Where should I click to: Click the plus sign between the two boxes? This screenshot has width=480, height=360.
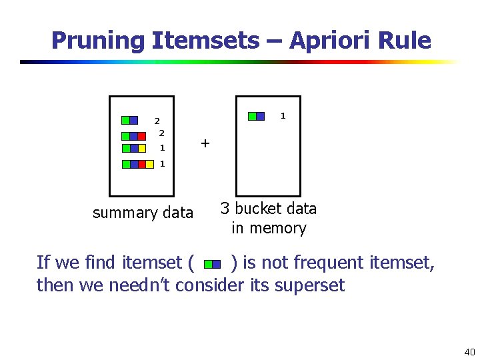pyautogui.click(x=205, y=143)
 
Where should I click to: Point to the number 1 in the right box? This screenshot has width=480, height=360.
pyautogui.click(x=283, y=116)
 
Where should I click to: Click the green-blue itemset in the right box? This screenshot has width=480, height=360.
pyautogui.click(x=256, y=116)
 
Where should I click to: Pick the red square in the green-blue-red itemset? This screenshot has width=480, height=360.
pyautogui.click(x=141, y=136)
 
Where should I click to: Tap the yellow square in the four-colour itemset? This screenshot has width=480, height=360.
pyautogui.click(x=150, y=164)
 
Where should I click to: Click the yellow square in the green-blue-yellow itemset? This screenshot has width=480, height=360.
pyautogui.click(x=142, y=148)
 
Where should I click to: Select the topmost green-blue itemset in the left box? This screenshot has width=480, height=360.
pyautogui.click(x=129, y=121)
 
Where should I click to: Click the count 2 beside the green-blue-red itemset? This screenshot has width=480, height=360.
pyautogui.click(x=162, y=133)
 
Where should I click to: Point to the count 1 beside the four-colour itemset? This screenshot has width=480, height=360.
pyautogui.click(x=162, y=164)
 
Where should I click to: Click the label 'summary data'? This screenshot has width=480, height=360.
pyautogui.click(x=143, y=213)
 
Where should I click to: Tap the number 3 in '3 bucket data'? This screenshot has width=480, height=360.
pyautogui.click(x=225, y=209)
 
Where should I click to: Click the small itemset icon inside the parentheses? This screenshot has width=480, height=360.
pyautogui.click(x=212, y=264)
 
